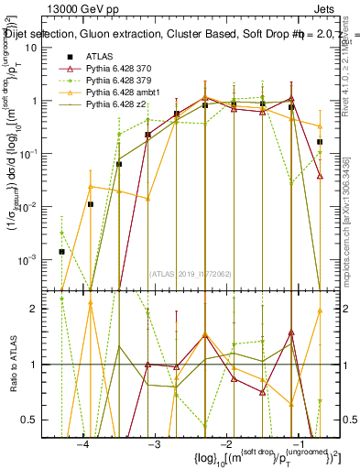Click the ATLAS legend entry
point(97,58)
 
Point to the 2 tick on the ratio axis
point(42,309)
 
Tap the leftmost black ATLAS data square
point(61,251)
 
